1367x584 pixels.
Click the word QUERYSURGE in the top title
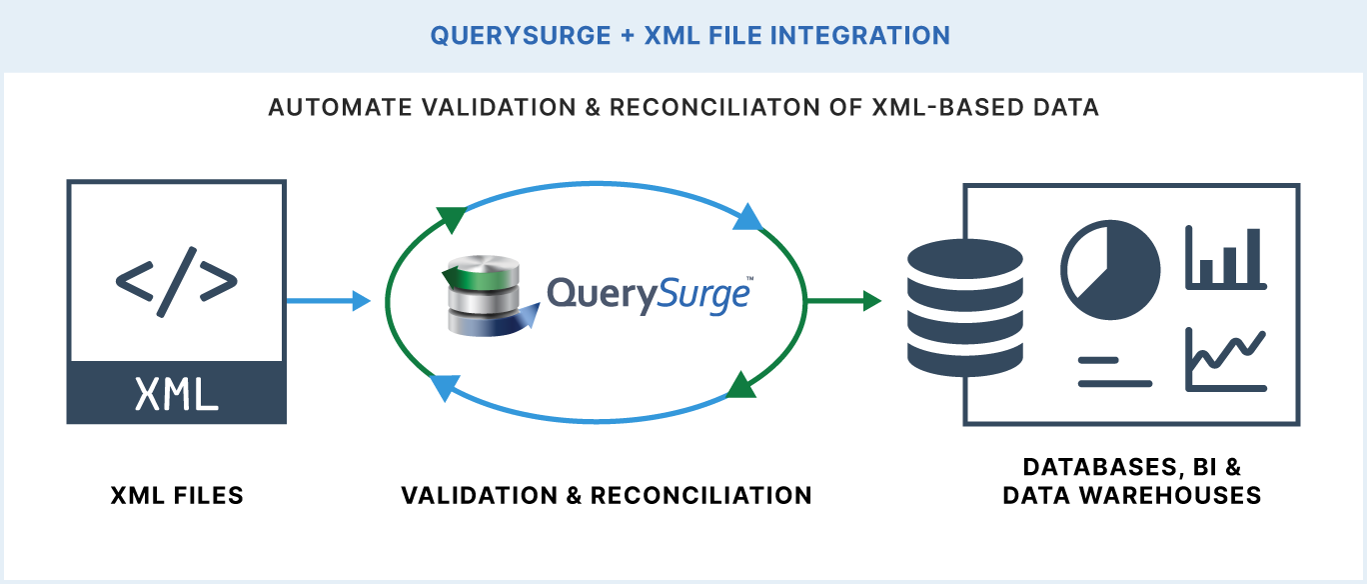coord(521,36)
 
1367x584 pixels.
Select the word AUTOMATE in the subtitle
coord(334,108)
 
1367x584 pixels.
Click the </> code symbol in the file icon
coord(177,281)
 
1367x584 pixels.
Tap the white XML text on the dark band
coord(177,396)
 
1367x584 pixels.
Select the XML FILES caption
coord(177,495)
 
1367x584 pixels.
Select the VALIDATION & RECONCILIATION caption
coord(607,495)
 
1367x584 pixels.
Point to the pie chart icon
coord(1110,270)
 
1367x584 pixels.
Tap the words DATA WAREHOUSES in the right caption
coord(1132,495)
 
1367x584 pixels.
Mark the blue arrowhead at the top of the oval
coord(747,217)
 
